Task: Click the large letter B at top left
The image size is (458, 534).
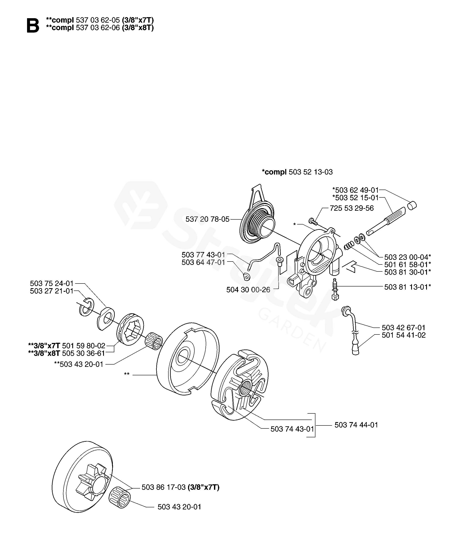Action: tap(33, 26)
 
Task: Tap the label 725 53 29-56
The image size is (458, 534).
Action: tap(352, 208)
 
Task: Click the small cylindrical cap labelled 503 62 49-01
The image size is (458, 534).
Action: tap(412, 205)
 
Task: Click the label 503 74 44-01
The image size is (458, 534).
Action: tap(356, 425)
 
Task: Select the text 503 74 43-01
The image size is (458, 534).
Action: tap(292, 429)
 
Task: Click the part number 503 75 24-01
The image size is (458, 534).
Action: tap(52, 284)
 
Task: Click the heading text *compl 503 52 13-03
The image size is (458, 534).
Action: tap(297, 172)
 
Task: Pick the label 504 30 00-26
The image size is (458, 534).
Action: tap(248, 290)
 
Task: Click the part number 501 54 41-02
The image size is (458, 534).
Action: tap(404, 335)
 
